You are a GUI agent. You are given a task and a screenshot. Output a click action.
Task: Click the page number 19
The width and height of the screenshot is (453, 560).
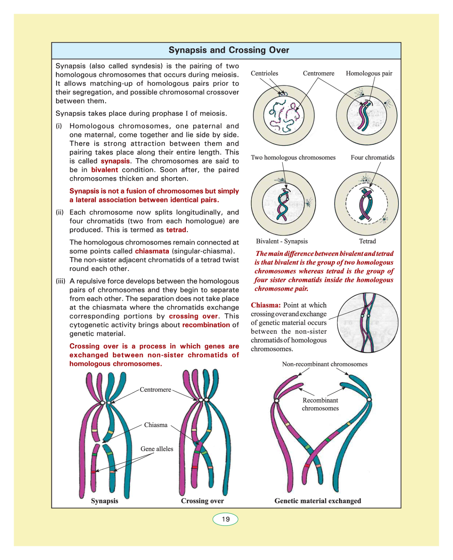tap(226, 519)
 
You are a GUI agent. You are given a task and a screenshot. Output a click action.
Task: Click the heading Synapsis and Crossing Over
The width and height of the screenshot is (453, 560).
tap(229, 50)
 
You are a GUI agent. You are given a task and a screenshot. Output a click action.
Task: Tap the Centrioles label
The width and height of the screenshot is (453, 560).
tap(264, 73)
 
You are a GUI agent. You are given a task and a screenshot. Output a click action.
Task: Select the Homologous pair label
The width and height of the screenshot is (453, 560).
tap(369, 73)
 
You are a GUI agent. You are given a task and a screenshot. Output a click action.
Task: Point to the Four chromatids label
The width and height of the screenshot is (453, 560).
tap(372, 157)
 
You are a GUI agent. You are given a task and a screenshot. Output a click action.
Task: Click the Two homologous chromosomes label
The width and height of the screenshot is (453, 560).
tap(293, 157)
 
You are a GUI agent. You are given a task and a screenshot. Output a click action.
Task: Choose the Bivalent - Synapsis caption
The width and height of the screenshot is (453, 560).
tap(282, 241)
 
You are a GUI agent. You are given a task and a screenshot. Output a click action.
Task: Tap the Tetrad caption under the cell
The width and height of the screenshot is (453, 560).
tap(367, 241)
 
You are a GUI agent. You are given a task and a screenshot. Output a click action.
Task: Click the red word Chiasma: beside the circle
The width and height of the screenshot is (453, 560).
tap(266, 305)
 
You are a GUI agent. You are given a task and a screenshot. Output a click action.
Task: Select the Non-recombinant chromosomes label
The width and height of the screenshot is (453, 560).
tap(325, 364)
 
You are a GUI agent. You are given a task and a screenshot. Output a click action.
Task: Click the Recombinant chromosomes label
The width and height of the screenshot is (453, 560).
tap(320, 404)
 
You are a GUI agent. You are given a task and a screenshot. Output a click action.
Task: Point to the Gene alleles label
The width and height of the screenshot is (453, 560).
tap(157, 449)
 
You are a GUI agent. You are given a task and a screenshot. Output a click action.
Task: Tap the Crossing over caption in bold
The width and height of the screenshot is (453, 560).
tap(202, 501)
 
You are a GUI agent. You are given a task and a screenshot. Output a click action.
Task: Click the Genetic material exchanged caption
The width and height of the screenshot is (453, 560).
tap(318, 501)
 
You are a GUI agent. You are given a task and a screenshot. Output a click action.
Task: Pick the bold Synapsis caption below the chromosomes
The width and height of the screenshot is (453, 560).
tap(104, 501)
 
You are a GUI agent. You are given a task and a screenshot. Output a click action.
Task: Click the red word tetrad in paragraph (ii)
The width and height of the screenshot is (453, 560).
tap(176, 230)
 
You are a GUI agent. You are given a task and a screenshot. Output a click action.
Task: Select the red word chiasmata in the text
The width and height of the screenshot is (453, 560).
tap(152, 251)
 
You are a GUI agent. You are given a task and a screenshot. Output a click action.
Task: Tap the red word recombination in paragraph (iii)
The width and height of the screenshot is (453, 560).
tap(206, 325)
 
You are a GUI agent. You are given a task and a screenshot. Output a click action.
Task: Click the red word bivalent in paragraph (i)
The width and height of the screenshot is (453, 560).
tap(104, 170)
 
